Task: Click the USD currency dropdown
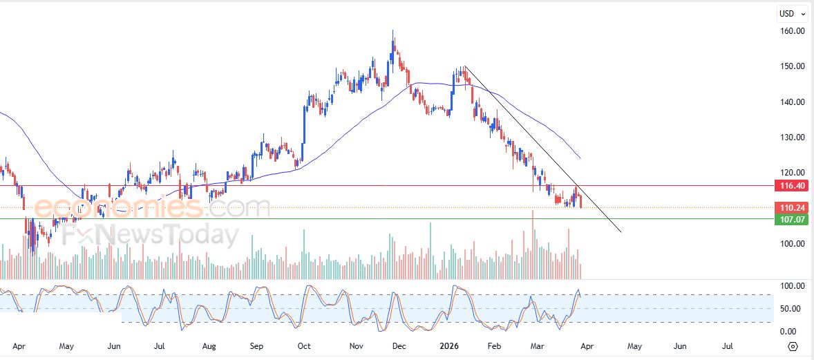pyautogui.click(x=792, y=13)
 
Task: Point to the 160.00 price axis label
pyautogui.click(x=791, y=31)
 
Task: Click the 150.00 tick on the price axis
pyautogui.click(x=791, y=66)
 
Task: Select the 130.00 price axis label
pyautogui.click(x=791, y=138)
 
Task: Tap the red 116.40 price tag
pyautogui.click(x=791, y=186)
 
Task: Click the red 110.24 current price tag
pyautogui.click(x=791, y=207)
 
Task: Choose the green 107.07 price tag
pyautogui.click(x=791, y=219)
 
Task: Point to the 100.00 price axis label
pyautogui.click(x=791, y=243)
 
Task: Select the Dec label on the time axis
pyautogui.click(x=399, y=345)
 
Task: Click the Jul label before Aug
pyautogui.click(x=160, y=345)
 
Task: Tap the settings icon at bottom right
pyautogui.click(x=793, y=346)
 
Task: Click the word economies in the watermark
pyautogui.click(x=117, y=207)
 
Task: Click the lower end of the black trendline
pyautogui.click(x=621, y=231)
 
